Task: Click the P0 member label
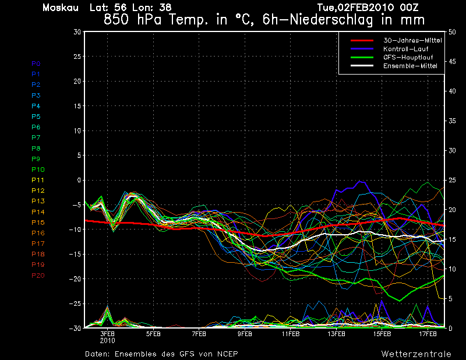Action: tap(36, 63)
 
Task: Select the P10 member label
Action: tap(38, 170)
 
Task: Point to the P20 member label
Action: tap(38, 276)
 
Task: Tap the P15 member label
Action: tap(38, 223)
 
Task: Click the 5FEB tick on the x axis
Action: tap(153, 334)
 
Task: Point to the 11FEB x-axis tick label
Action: tap(291, 334)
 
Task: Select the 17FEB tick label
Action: tap(428, 334)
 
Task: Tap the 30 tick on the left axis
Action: tap(76, 32)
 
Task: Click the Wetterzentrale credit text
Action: tap(416, 354)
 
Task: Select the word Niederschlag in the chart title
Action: tap(308, 19)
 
